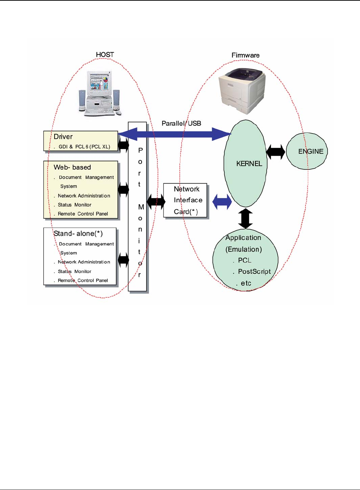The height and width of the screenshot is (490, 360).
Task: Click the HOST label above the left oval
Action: point(105,55)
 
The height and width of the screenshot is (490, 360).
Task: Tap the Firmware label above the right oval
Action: point(246,55)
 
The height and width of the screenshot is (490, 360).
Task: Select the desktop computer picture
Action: point(100,93)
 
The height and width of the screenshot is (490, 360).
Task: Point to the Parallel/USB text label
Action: point(181,123)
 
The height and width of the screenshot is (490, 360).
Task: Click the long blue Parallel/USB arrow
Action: point(175,134)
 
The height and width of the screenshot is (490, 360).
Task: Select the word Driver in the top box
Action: point(63,137)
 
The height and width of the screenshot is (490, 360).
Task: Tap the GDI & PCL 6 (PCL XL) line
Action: point(84,147)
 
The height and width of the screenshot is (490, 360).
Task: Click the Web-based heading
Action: point(72,167)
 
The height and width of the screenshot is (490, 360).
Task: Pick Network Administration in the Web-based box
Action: point(84,196)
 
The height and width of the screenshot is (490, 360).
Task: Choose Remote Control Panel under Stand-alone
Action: point(83,280)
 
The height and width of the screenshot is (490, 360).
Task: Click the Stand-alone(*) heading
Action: point(78,234)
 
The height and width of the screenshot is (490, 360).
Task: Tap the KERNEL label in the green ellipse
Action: point(249,164)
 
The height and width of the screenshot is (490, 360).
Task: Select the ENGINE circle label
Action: point(311,151)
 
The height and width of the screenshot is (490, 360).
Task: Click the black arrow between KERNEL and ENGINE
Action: point(276,152)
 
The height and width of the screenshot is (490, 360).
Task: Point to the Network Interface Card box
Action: point(186,200)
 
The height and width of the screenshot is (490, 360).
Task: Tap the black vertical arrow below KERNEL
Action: point(246,218)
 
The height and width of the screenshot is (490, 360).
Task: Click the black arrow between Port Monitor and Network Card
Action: point(156,202)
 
